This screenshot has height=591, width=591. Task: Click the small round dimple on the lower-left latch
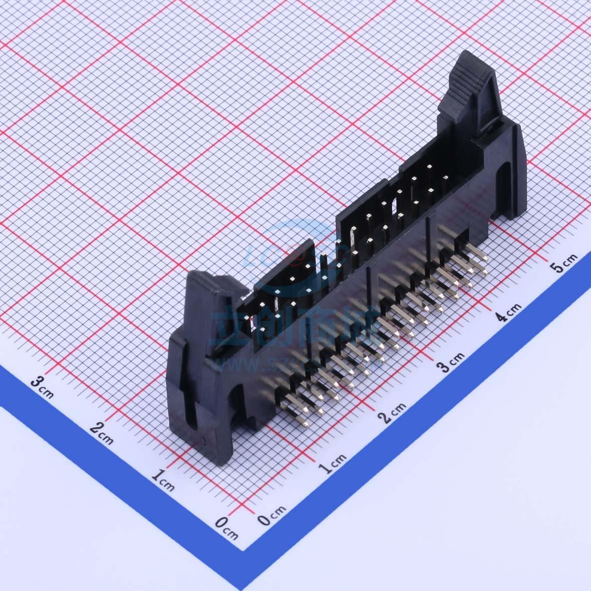[x=203, y=441]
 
